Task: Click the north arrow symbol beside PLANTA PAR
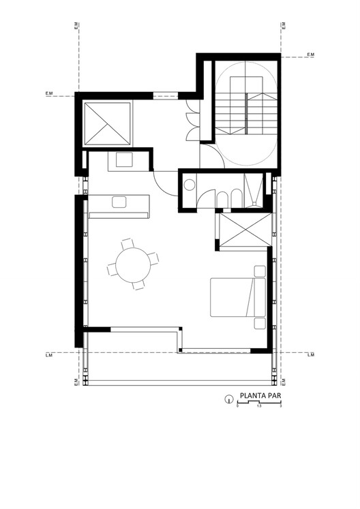(x=227, y=400)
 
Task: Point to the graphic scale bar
(x=259, y=405)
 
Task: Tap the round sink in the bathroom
(x=189, y=183)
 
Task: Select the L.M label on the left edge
(x=48, y=355)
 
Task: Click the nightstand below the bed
(x=260, y=323)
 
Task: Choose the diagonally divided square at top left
(x=107, y=123)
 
